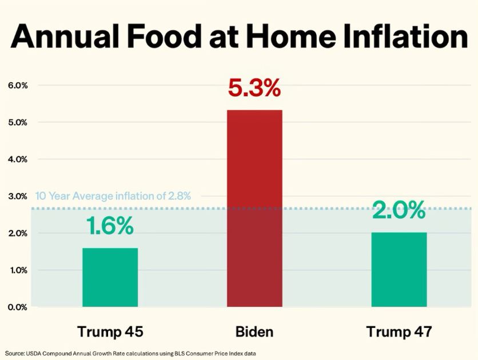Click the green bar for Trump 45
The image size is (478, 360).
coord(110,277)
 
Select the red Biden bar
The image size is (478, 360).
coord(254,209)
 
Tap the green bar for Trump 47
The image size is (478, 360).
coord(399,270)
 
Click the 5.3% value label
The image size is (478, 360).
coord(254,88)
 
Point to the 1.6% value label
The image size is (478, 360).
coord(110,226)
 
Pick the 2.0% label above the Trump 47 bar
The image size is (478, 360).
coord(399,210)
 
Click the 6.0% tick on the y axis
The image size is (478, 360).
coord(18,85)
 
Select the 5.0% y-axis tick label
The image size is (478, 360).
coord(18,122)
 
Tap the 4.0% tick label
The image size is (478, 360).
coord(18,159)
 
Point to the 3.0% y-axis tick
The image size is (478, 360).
coord(18,197)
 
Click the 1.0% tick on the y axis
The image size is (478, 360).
coord(18,270)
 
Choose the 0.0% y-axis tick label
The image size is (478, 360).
coord(18,307)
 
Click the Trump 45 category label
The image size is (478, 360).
coord(110,331)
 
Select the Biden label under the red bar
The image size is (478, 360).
coord(254,331)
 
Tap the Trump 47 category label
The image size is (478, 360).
coord(399,331)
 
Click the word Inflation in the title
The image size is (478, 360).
coord(406,36)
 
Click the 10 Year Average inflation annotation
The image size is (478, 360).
coord(113,196)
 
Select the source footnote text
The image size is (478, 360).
coord(130,354)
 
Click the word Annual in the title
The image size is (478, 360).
coord(64,36)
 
